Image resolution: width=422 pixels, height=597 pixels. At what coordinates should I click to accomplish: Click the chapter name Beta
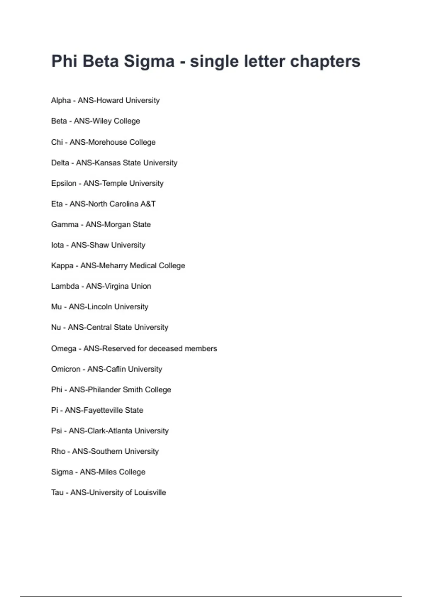[x=59, y=121]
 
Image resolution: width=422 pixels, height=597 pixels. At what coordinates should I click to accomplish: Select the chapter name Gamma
[x=65, y=224]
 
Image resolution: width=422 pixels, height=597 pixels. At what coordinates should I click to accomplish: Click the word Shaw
[x=99, y=245]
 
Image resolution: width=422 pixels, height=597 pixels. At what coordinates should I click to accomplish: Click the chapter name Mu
[x=56, y=307]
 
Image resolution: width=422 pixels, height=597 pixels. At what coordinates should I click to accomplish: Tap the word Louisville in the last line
[x=150, y=493]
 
